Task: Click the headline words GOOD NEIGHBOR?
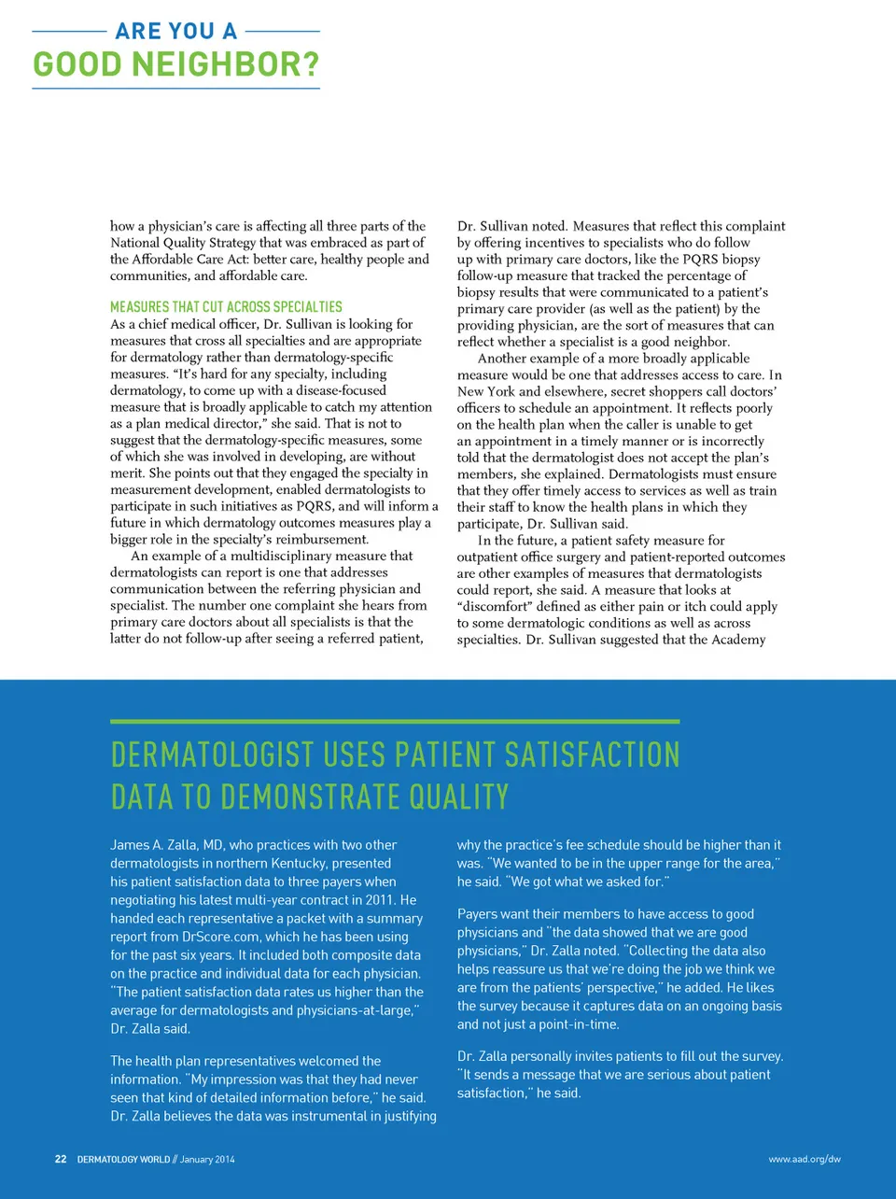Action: tap(176, 64)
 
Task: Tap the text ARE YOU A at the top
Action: tap(176, 31)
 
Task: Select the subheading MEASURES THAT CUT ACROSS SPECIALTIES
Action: tap(226, 306)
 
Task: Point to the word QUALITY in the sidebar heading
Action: tap(459, 797)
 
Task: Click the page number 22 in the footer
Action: tap(61, 1159)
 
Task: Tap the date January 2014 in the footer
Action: tap(207, 1159)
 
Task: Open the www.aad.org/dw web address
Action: tap(805, 1159)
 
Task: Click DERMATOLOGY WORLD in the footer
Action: tap(123, 1159)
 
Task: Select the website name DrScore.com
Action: tap(221, 937)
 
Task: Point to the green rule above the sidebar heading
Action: tap(395, 722)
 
